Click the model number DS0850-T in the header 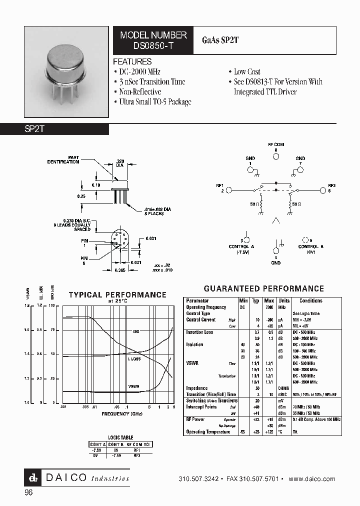[x=153, y=45]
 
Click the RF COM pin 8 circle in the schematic [x=275, y=156]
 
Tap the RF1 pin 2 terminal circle [x=229, y=190]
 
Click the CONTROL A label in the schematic [x=242, y=246]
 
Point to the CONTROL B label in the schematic [x=311, y=246]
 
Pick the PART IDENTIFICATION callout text [x=63, y=160]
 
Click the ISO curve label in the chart [x=135, y=331]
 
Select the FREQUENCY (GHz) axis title [x=122, y=414]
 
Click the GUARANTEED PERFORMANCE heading [x=264, y=289]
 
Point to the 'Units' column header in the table [x=284, y=301]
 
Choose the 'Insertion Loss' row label [x=199, y=332]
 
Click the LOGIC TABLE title [x=121, y=437]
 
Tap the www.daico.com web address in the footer [x=312, y=479]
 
